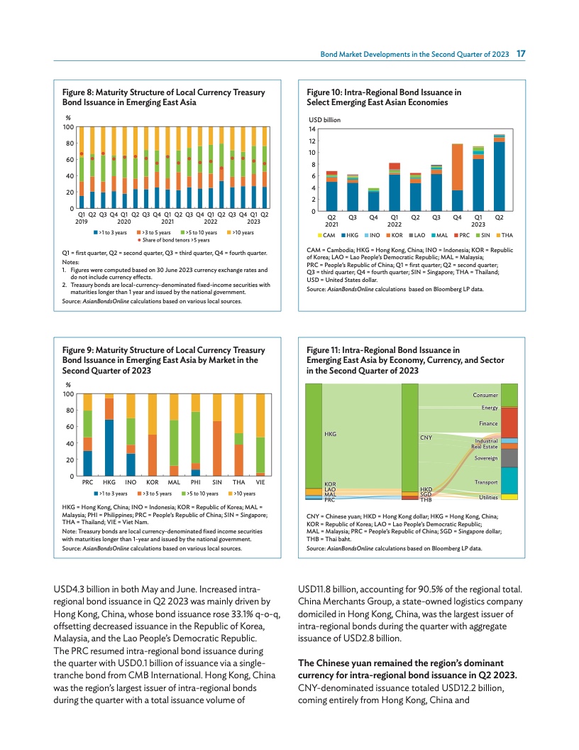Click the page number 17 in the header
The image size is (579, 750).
(x=520, y=54)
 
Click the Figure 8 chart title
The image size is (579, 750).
(x=164, y=97)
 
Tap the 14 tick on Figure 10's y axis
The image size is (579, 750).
(x=311, y=129)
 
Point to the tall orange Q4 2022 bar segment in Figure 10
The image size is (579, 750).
(x=458, y=167)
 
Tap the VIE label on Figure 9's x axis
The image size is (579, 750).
(x=260, y=482)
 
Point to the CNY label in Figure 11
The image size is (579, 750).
(x=426, y=438)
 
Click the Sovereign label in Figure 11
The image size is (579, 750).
(x=485, y=458)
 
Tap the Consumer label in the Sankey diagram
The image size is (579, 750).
(x=485, y=395)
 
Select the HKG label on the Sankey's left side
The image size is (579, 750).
(x=329, y=433)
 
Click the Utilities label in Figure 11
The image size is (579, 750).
(x=487, y=497)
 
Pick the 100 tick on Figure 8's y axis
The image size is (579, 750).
(x=70, y=127)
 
